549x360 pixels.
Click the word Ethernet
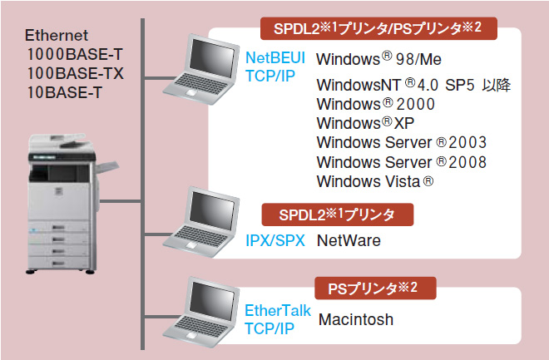57,37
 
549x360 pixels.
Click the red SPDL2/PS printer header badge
378,29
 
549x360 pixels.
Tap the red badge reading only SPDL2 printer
338,215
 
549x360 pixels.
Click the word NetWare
349,241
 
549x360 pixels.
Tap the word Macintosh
356,319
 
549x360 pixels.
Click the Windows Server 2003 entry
402,142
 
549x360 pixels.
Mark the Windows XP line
365,123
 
